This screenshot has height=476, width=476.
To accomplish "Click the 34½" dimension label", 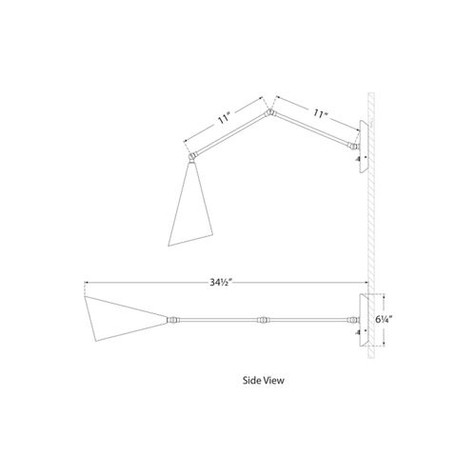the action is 221,282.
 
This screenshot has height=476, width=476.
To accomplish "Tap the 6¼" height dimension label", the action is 384,320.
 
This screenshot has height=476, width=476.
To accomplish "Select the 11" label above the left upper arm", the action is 224,119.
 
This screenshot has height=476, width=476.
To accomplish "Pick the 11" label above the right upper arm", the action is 320,113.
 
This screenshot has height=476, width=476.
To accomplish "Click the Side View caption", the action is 264,380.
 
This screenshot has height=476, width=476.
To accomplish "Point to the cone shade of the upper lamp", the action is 189,209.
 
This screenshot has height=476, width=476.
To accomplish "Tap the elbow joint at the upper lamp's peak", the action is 269,112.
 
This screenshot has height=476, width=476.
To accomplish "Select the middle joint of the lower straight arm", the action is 263,320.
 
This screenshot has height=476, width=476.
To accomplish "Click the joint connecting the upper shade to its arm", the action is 193,156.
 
